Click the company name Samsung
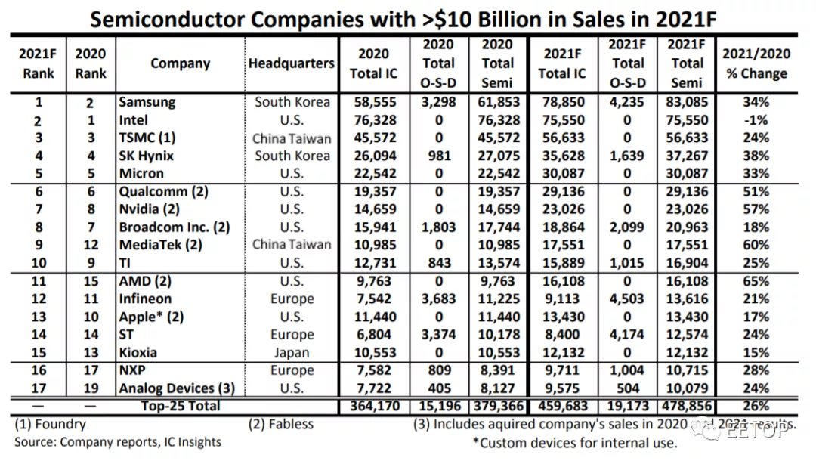tap(147, 102)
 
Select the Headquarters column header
tap(291, 63)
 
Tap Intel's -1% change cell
tap(755, 120)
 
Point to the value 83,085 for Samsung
tap(687, 102)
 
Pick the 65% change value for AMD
tap(755, 281)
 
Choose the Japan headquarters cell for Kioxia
tap(291, 353)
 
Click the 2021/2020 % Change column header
tap(755, 63)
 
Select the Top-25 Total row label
tap(181, 407)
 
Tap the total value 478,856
tap(687, 407)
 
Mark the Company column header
tap(180, 63)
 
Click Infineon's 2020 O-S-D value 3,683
tap(438, 299)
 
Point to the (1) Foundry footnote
tap(50, 425)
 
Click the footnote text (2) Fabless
tap(280, 425)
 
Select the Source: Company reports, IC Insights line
tap(118, 442)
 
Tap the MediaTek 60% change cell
tap(755, 245)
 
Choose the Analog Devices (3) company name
tap(177, 388)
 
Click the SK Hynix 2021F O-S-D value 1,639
tap(627, 156)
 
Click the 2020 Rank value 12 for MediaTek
tap(91, 245)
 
